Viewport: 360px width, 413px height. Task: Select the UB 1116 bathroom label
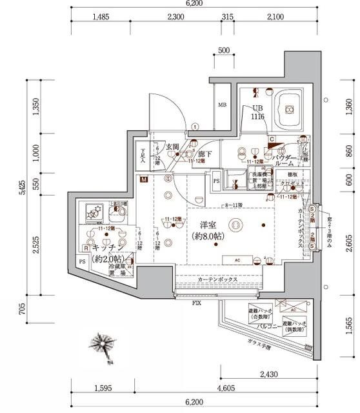point(259,112)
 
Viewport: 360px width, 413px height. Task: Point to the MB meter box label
point(221,105)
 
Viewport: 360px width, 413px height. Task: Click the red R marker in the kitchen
point(85,247)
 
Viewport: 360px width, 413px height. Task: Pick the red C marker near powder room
point(272,139)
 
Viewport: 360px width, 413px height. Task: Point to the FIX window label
point(196,301)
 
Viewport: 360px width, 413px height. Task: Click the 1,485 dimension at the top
point(103,17)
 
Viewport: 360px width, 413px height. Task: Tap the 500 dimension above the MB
point(224,50)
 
